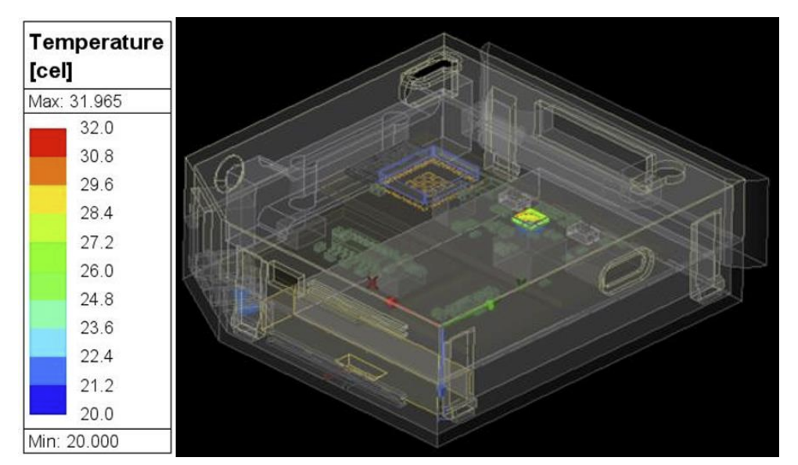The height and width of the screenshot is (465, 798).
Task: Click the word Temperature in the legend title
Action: click(96, 41)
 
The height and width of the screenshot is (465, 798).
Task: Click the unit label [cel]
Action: click(51, 70)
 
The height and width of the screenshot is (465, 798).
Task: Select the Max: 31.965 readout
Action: click(75, 101)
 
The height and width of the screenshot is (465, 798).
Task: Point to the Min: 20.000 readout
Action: click(74, 441)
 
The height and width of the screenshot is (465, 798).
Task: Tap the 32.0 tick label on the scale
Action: click(97, 127)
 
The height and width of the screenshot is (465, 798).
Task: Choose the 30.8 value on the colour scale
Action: click(97, 156)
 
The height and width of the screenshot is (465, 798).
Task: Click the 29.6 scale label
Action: click(97, 184)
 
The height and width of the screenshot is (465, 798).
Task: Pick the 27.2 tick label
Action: click(97, 242)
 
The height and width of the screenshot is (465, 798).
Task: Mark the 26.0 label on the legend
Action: click(97, 270)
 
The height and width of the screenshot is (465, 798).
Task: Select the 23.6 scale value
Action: click(97, 327)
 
